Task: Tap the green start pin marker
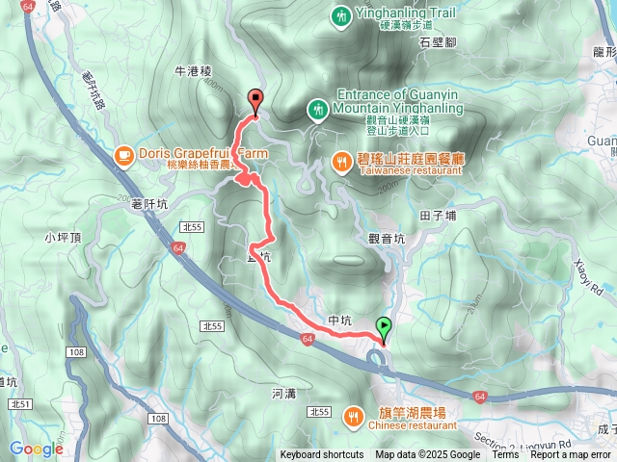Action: (x=385, y=328)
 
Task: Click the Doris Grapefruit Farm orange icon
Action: (x=123, y=155)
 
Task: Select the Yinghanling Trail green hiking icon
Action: (x=341, y=16)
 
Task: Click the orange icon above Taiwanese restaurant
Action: (x=342, y=162)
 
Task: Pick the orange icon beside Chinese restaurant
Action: (x=355, y=416)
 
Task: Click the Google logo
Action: (x=36, y=449)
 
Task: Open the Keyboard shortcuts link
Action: (x=322, y=455)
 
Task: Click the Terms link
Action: (x=505, y=455)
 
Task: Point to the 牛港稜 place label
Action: (x=193, y=70)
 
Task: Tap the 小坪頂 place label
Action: (x=63, y=236)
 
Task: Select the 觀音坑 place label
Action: (x=388, y=238)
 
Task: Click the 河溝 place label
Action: (x=283, y=393)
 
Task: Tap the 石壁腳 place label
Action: (x=439, y=42)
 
